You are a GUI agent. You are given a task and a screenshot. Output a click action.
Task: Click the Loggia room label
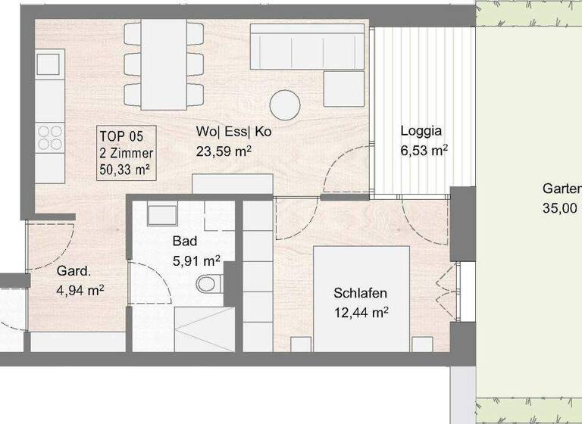pos(421,130)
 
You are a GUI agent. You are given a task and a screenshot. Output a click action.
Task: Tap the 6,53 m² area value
pos(424,151)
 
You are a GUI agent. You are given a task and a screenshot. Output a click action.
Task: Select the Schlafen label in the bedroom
pos(361,293)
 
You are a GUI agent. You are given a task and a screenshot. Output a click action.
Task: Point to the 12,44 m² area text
pos(361,311)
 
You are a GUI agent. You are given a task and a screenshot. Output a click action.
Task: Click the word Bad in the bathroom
pos(185,242)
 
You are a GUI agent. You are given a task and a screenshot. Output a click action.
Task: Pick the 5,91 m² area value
pos(196,260)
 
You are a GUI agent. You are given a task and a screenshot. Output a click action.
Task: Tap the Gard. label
pos(74,270)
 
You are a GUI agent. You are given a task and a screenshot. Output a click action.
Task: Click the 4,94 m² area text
pos(80,289)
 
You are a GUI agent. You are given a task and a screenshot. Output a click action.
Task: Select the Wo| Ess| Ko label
pos(233,131)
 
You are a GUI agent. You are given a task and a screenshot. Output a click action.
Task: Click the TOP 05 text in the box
pos(121,136)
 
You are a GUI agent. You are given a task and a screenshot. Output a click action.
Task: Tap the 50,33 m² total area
pos(124,169)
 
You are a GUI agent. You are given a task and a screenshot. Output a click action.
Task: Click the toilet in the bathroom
pos(207,285)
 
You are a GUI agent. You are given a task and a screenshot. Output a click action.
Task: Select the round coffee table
pos(286,105)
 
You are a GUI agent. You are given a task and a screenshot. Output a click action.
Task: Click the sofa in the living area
pos(309,47)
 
